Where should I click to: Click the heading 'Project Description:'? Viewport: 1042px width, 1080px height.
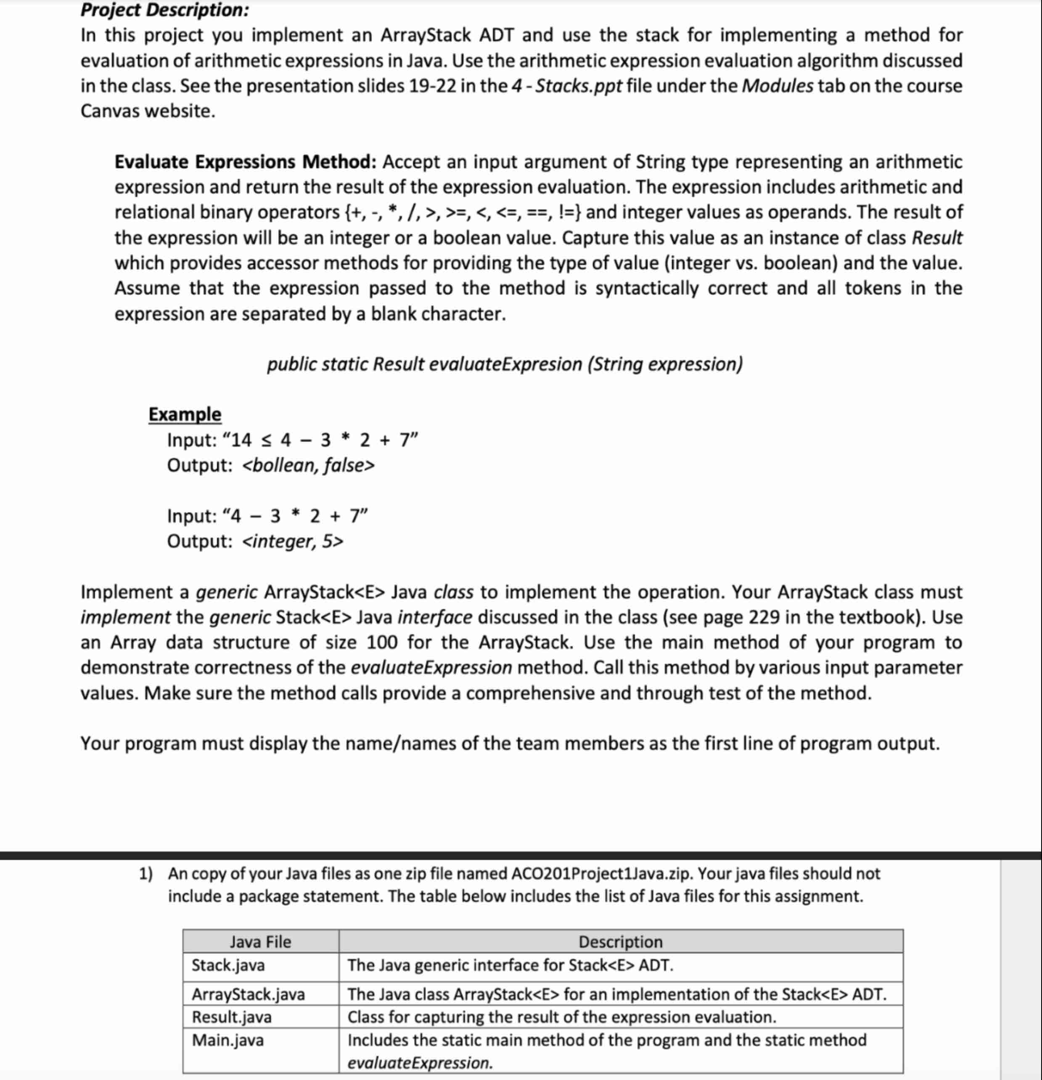click(164, 10)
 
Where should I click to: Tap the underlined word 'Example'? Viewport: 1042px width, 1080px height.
click(185, 414)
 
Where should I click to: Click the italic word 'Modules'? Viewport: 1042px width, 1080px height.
click(777, 86)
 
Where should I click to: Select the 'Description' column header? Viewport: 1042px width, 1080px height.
click(620, 942)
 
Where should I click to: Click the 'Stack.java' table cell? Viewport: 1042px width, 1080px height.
click(228, 966)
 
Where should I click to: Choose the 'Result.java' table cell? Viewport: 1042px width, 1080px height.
click(231, 1016)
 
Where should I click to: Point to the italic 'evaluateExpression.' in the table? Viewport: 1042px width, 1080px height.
click(420, 1062)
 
